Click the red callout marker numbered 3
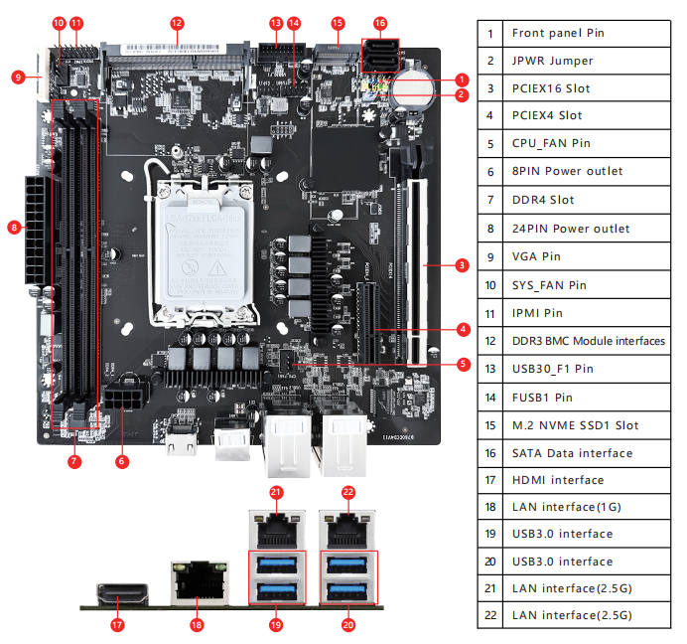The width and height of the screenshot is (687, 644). point(462,264)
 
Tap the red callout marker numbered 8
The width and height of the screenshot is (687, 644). point(14,228)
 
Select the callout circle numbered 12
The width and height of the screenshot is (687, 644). point(177,22)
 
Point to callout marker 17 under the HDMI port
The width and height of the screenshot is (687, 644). point(117,624)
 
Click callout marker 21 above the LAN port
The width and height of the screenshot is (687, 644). point(276,491)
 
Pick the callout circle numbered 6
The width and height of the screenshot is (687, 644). point(121,460)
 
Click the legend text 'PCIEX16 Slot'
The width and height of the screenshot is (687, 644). point(550,88)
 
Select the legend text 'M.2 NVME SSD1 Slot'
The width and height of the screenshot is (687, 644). point(575,425)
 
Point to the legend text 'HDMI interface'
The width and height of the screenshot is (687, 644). point(557,480)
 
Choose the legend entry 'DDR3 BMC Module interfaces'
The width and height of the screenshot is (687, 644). point(588,341)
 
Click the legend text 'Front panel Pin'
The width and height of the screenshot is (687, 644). point(557,33)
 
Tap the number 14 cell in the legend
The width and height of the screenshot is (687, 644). point(489,398)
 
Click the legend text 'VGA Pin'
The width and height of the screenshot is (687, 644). point(536,256)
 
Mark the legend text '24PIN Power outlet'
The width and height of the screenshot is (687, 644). point(570,229)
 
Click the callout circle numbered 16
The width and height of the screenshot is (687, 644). point(380,22)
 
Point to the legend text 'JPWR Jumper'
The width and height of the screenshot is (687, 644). point(552,61)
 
